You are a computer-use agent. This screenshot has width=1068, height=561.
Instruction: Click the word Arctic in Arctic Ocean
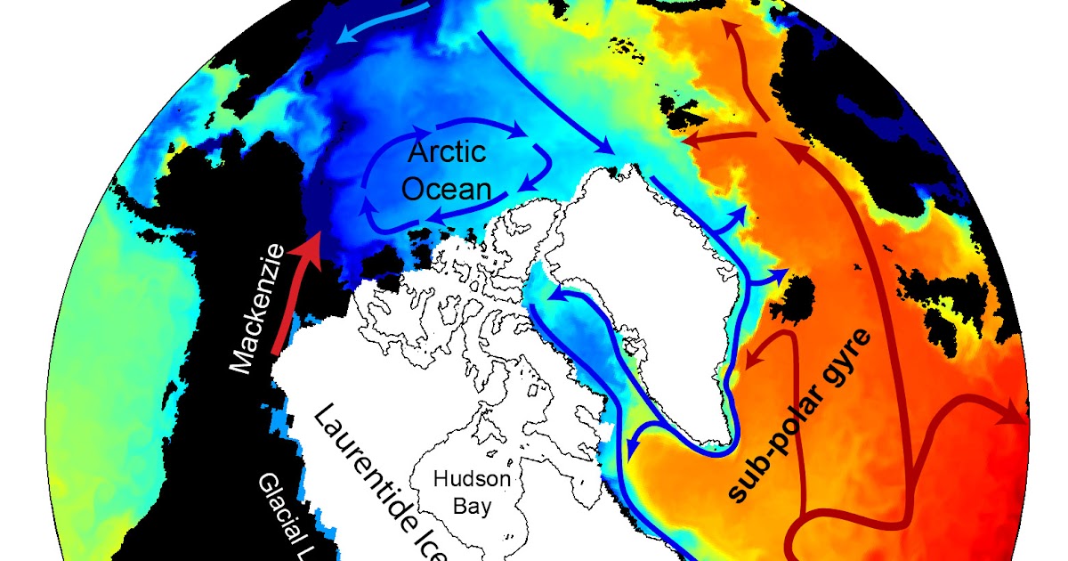point(447,152)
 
